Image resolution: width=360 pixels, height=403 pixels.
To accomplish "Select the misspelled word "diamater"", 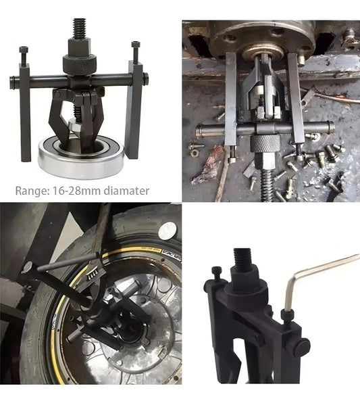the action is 126,191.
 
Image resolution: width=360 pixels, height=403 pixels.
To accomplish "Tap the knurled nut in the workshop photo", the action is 265,143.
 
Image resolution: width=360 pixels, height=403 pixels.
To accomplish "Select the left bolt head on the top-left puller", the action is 24,50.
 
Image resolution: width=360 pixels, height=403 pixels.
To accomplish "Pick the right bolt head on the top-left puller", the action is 135,45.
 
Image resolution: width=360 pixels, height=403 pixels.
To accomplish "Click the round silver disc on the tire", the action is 168,231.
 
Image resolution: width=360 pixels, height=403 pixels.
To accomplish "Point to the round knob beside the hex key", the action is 302,346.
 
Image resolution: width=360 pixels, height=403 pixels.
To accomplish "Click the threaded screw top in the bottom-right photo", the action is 242,258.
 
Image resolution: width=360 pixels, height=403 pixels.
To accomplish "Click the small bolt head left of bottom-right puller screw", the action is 216,272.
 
